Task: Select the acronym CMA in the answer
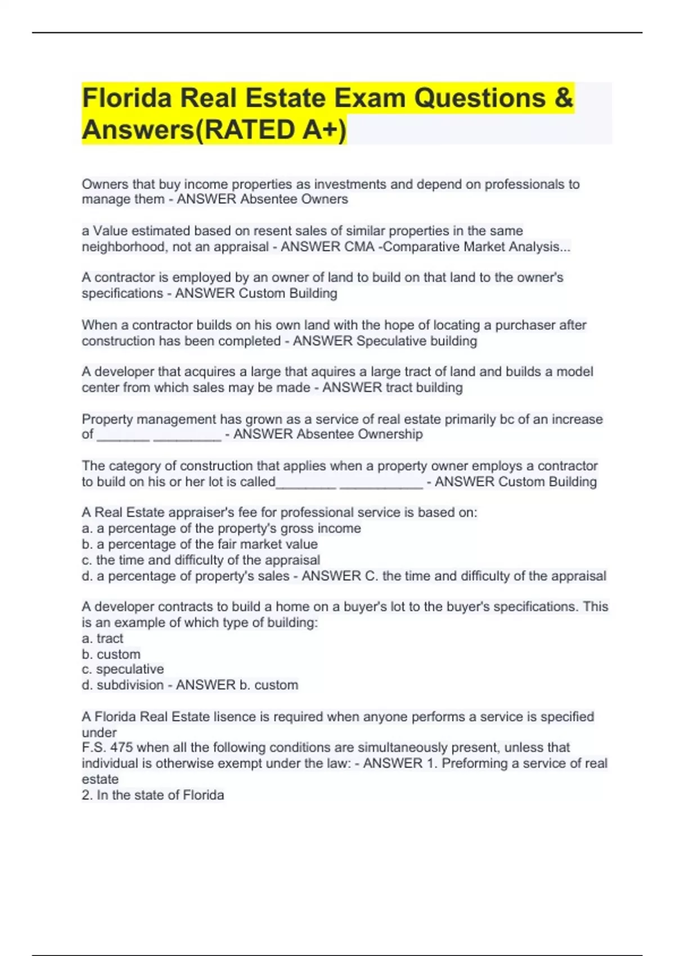359,247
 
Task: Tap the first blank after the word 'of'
123,435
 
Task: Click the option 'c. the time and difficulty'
201,560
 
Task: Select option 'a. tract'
102,638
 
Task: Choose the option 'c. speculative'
123,669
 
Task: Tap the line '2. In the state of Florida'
153,795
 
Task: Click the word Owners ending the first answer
325,199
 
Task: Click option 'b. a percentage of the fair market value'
200,544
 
